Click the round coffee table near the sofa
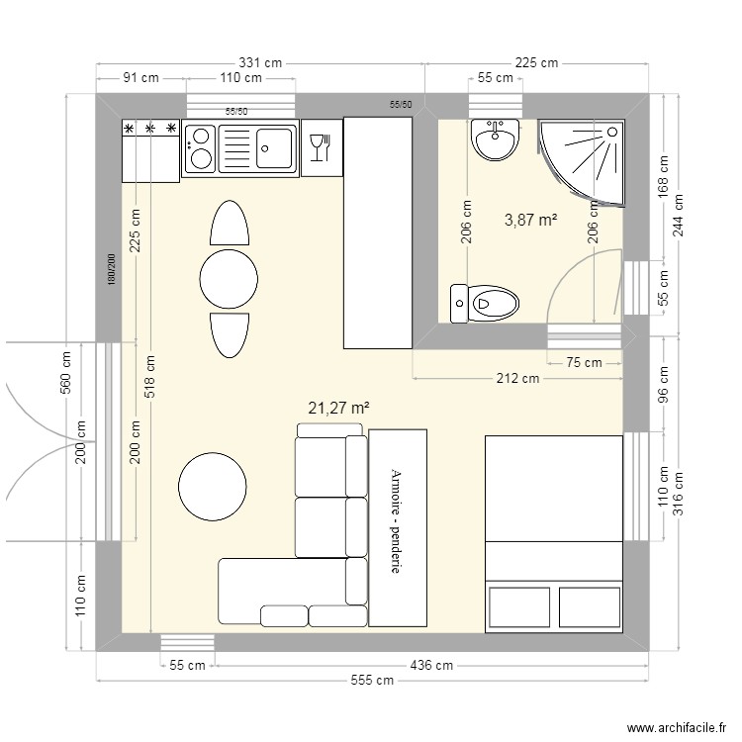[213, 487]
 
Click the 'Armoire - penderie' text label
[397, 521]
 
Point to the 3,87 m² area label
[530, 221]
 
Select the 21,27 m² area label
[338, 407]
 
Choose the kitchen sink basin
[274, 147]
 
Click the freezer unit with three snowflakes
[150, 149]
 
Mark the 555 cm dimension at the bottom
[372, 681]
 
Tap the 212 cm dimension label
[517, 378]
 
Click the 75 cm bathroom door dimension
[584, 362]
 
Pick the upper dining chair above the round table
[229, 224]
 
